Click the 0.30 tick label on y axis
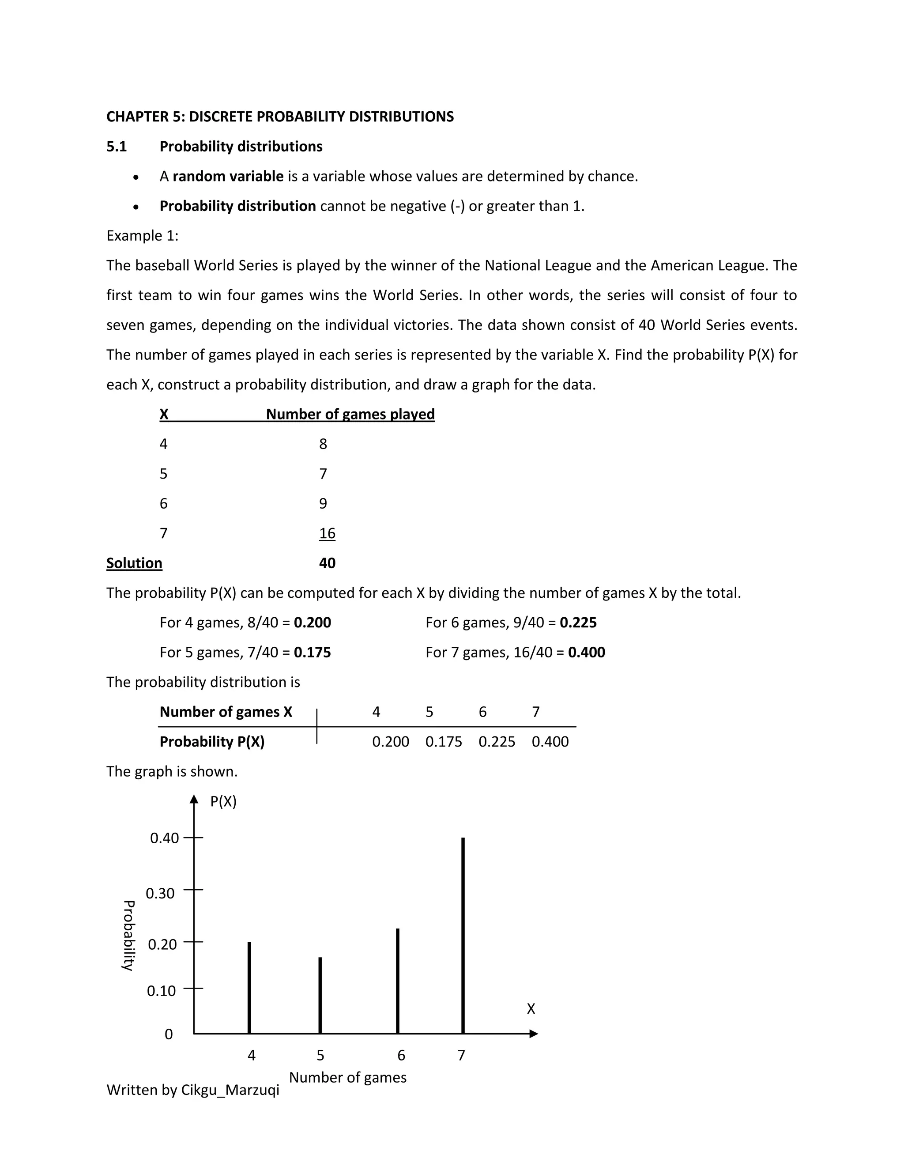pyautogui.click(x=160, y=894)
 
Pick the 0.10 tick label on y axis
pyautogui.click(x=161, y=991)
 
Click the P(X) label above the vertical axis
pyautogui.click(x=223, y=801)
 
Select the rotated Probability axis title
pyautogui.click(x=128, y=936)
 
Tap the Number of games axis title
pyautogui.click(x=347, y=1077)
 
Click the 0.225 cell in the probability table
pyautogui.click(x=497, y=742)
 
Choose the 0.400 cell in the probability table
pyautogui.click(x=550, y=742)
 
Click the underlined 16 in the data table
pyautogui.click(x=327, y=534)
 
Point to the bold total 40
pyautogui.click(x=327, y=563)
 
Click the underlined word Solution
pyautogui.click(x=135, y=563)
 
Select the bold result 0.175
pyautogui.click(x=312, y=653)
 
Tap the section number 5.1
pyautogui.click(x=117, y=147)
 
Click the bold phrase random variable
pyautogui.click(x=228, y=176)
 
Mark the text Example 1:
pyautogui.click(x=143, y=236)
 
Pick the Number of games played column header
pyautogui.click(x=350, y=414)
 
